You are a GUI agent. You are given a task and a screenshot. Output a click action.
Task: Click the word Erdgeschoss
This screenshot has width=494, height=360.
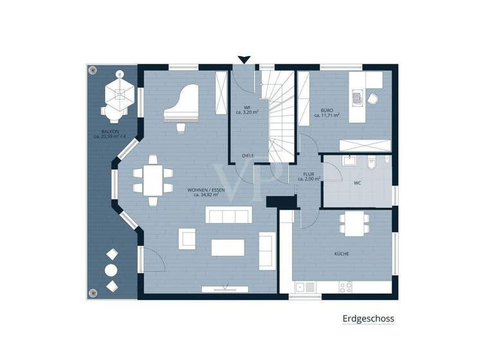(x=368, y=318)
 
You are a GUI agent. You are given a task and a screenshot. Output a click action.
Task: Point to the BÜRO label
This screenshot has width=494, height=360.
(x=327, y=112)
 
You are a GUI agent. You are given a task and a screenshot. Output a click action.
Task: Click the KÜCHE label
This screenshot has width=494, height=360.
(x=342, y=254)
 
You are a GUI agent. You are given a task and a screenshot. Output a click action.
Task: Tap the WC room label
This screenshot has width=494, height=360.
(x=357, y=183)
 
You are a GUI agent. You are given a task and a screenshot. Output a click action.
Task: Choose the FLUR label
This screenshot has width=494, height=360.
(x=309, y=175)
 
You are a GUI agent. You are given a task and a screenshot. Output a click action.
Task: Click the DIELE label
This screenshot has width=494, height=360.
(x=248, y=156)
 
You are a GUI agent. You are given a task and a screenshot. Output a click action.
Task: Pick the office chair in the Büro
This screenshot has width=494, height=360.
(x=374, y=98)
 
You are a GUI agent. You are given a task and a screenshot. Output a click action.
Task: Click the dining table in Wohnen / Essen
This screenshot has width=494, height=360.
(x=153, y=180)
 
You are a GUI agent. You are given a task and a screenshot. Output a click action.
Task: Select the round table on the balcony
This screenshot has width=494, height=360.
(x=111, y=270)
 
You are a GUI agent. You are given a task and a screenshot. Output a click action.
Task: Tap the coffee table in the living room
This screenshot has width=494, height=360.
(x=228, y=248)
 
